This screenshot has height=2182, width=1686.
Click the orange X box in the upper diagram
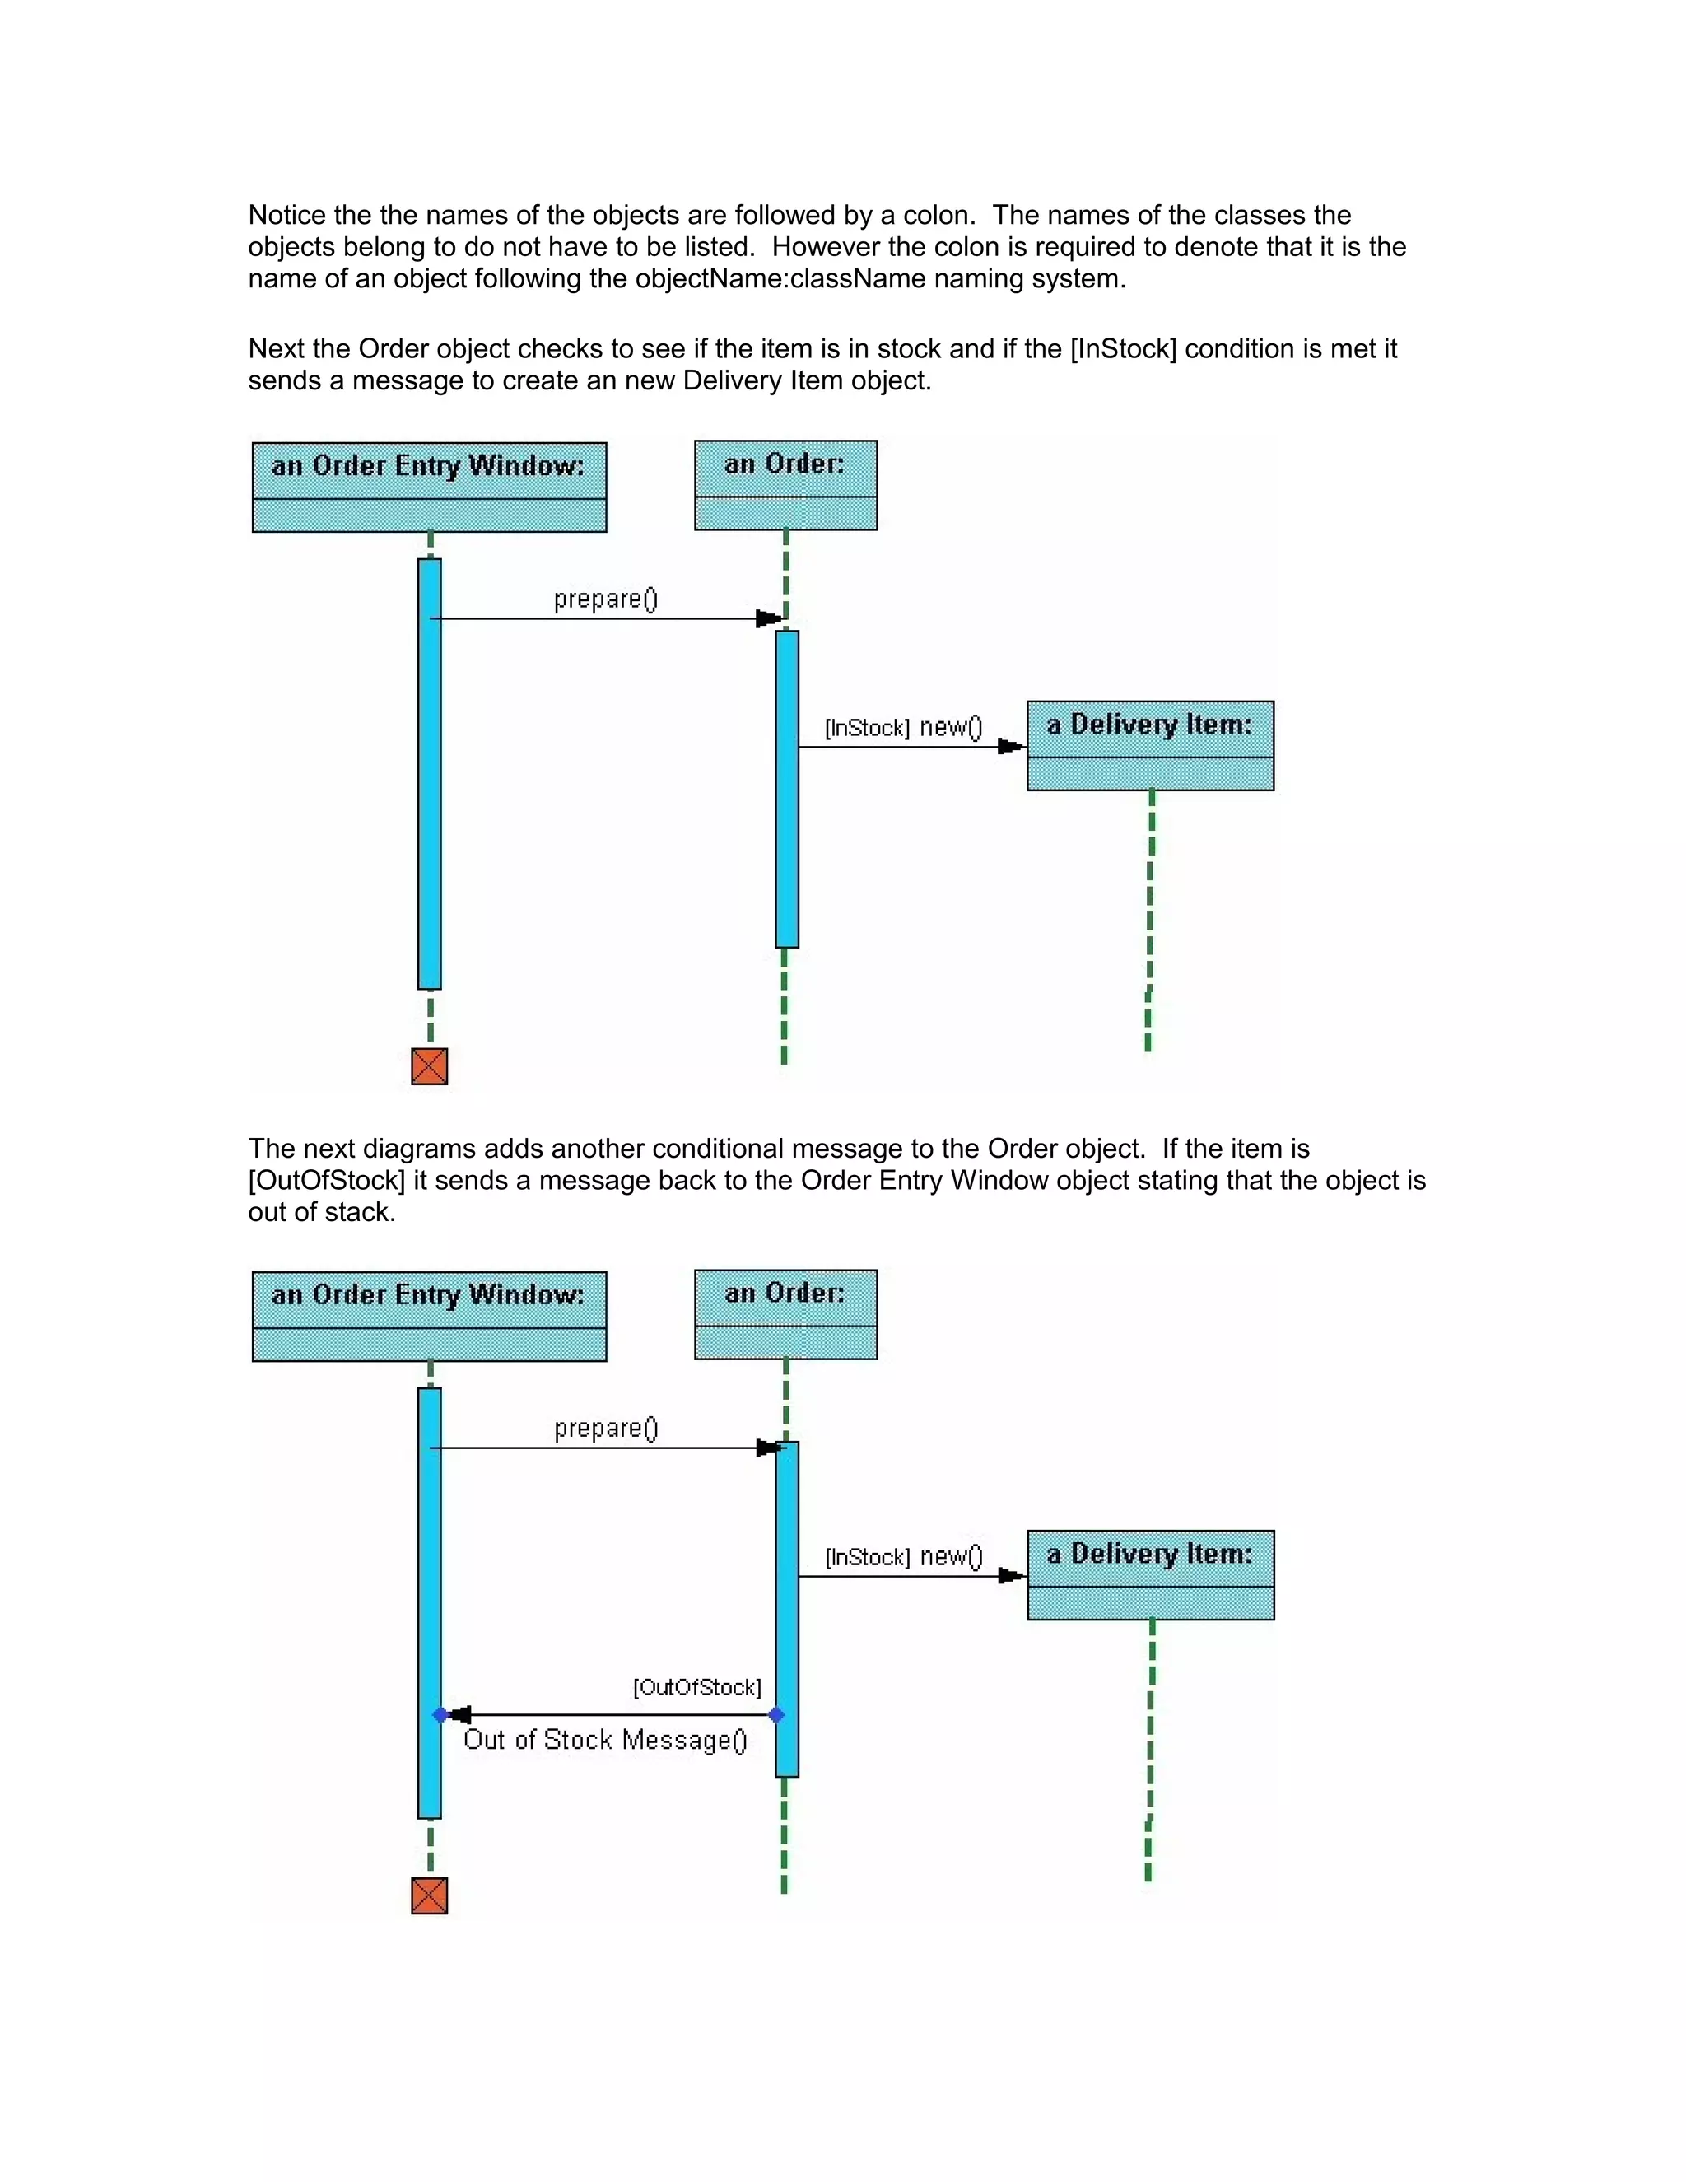[x=430, y=1066]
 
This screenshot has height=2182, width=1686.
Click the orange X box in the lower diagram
[x=430, y=1895]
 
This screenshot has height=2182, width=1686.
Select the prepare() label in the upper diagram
[x=605, y=599]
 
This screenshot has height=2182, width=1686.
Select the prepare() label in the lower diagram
[x=605, y=1428]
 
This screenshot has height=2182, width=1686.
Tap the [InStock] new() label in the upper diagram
[x=903, y=727]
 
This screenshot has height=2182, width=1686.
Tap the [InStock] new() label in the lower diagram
[x=903, y=1556]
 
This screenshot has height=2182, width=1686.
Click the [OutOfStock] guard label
[x=697, y=1687]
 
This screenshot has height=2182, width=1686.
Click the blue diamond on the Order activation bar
[x=777, y=1714]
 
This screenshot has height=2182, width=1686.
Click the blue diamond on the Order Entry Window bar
[x=440, y=1714]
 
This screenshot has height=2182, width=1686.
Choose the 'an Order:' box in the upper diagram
[x=785, y=484]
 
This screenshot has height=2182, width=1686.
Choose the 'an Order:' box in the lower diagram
[x=785, y=1314]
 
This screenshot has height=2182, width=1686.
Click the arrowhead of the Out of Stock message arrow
[x=459, y=1714]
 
